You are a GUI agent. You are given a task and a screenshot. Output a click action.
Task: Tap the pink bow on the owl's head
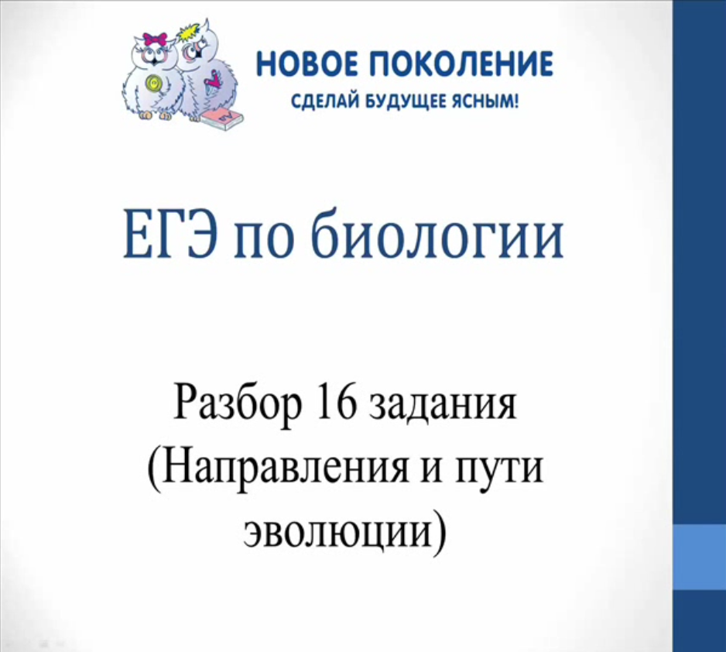pyautogui.click(x=155, y=39)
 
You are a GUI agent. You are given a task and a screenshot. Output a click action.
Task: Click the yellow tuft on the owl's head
pyautogui.click(x=189, y=33)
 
